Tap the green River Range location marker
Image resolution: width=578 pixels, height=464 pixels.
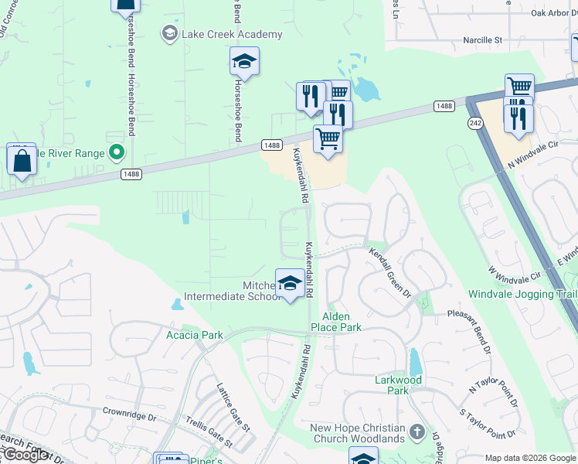pyautogui.click(x=117, y=152)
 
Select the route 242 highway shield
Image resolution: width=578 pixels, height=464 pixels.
pyautogui.click(x=475, y=124)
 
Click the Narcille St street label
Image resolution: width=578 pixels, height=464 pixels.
pyautogui.click(x=483, y=39)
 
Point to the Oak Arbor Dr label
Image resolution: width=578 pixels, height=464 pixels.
pyautogui.click(x=555, y=12)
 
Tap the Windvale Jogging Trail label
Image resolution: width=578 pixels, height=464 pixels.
pyautogui.click(x=522, y=295)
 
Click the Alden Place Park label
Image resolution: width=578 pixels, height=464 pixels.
pyautogui.click(x=335, y=322)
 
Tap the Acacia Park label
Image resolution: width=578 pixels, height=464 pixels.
pyautogui.click(x=194, y=335)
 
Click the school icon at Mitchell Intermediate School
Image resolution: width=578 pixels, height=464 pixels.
pyautogui.click(x=290, y=284)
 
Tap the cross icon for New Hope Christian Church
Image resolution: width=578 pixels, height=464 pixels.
pyautogui.click(x=416, y=431)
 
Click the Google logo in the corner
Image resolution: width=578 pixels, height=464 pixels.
pyautogui.click(x=25, y=455)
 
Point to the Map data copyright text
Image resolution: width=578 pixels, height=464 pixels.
pyautogui.click(x=530, y=458)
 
